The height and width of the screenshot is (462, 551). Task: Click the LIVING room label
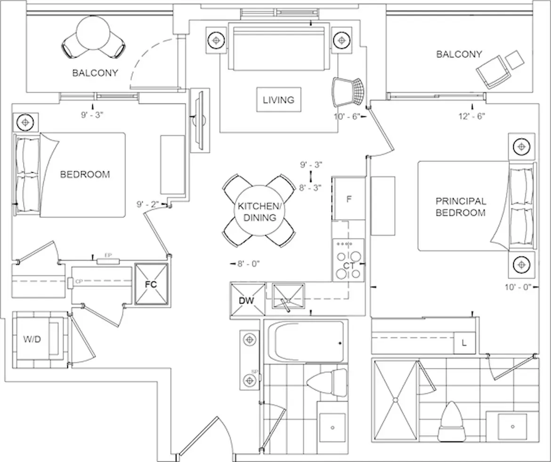[x=278, y=100]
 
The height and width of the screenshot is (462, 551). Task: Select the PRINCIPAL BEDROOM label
[x=461, y=207]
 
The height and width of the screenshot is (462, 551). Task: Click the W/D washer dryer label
[x=32, y=339]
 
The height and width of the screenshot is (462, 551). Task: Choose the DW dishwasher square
[x=247, y=300]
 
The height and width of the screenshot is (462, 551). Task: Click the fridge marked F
[x=349, y=199]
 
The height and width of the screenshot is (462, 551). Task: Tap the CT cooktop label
[x=349, y=266]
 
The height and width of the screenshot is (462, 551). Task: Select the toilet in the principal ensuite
[x=451, y=420]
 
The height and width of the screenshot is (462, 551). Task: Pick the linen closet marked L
[x=464, y=344]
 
